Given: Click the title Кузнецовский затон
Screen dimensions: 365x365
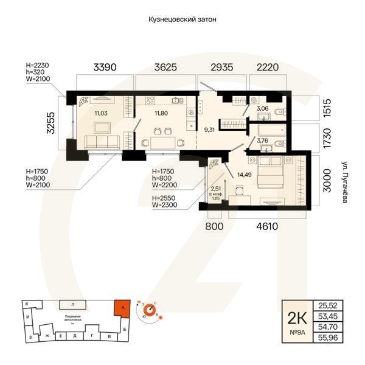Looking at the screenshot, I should tap(182, 19).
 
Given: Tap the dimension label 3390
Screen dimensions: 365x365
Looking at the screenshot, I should tap(104, 68).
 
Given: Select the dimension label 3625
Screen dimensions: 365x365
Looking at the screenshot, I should tap(165, 68).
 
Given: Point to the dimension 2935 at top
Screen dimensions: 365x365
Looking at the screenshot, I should tap(223, 68).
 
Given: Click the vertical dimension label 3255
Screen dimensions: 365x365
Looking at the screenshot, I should tap(52, 123).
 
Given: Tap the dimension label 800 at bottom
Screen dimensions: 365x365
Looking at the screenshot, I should tap(215, 227).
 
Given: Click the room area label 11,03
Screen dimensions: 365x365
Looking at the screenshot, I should tap(102, 113).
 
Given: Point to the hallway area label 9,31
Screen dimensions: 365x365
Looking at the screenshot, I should tap(210, 129).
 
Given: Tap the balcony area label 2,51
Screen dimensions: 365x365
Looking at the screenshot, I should tap(215, 189).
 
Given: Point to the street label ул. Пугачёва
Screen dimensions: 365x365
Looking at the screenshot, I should tap(344, 181).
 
